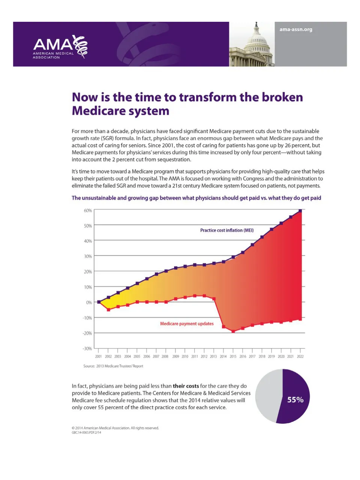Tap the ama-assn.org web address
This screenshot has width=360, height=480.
tap(295, 29)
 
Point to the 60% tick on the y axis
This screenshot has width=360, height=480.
tap(88, 210)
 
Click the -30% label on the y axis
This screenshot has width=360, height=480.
tap(87, 348)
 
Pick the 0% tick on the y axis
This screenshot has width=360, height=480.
tap(89, 302)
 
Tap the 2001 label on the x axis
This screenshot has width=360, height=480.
tap(98, 356)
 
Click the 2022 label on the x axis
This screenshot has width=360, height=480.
tap(300, 356)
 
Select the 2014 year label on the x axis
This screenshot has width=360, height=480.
tap(223, 356)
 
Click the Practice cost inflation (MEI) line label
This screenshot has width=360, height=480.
tap(227, 230)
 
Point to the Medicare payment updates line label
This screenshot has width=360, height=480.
tap(187, 324)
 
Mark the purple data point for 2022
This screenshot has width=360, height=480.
tap(300, 211)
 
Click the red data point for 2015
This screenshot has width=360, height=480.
tap(233, 331)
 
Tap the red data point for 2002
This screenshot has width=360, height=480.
tap(108, 310)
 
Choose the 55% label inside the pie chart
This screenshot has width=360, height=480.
tap(295, 400)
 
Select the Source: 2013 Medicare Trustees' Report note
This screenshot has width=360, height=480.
tap(113, 366)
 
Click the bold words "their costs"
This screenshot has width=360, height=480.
tap(186, 386)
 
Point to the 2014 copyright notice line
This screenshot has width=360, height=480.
tap(115, 428)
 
